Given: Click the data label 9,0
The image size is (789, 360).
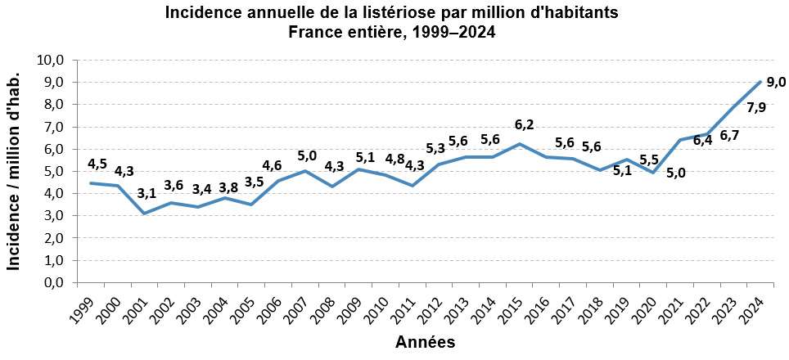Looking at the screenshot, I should (776, 82).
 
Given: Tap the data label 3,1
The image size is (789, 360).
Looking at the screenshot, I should (147, 194).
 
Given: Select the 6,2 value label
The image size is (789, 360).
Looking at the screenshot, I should (524, 124).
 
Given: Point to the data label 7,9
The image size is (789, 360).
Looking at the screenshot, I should (755, 108).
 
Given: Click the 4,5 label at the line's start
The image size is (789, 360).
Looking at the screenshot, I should (97, 164).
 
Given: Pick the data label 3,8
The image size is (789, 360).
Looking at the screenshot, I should (228, 188).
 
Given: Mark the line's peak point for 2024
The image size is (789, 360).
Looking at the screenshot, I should (760, 82).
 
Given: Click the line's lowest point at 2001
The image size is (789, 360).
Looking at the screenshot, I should (144, 214).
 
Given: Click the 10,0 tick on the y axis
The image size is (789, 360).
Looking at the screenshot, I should (51, 61).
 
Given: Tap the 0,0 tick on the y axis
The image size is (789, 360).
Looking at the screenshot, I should (54, 283).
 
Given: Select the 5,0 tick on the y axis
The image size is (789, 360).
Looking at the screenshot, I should (54, 172).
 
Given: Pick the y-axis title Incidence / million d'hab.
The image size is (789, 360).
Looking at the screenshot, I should (13, 172).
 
